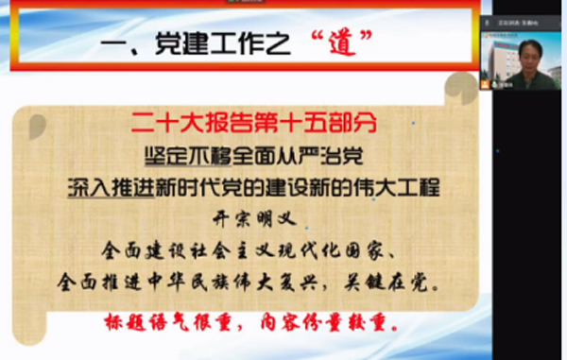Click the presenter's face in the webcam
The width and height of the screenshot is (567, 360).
pyautogui.click(x=527, y=53)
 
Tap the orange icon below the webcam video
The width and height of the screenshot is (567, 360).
pyautogui.click(x=484, y=84)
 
